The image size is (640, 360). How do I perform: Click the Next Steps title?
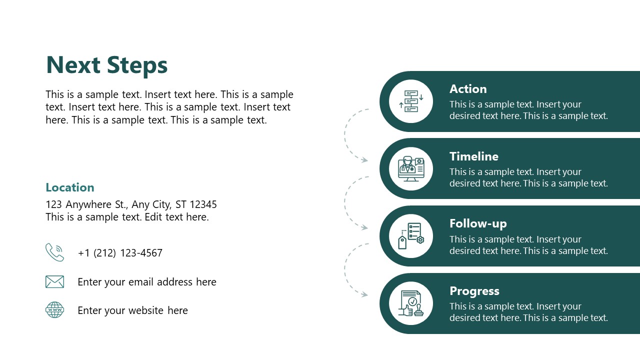pos(106,65)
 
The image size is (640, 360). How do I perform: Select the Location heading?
pos(70,187)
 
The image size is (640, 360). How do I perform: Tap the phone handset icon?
pos(54,252)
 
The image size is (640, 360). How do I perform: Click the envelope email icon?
pos(54,282)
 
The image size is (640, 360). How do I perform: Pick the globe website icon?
pos(54,310)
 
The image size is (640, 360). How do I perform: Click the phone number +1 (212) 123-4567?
pos(120,253)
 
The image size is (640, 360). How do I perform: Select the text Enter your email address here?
pos(147,282)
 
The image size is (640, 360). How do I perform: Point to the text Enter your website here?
pos(132,310)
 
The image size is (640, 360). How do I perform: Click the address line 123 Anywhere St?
pos(131,204)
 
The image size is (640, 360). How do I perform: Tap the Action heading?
pos(468,89)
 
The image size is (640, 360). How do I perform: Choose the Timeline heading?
pos(474,156)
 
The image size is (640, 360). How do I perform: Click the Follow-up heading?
pos(478,223)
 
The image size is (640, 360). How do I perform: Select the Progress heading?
pos(474,291)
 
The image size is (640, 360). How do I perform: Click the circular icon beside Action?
pos(411,101)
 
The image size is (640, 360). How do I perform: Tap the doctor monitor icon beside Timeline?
pos(411,169)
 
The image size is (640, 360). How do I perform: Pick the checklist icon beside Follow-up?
pos(411,236)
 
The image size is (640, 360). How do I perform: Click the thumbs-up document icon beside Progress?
pos(411,303)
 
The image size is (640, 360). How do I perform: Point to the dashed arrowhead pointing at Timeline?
pos(365,160)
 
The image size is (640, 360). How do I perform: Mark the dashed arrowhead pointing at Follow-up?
pos(365,227)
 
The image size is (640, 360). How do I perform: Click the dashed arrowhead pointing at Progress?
pos(365,295)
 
